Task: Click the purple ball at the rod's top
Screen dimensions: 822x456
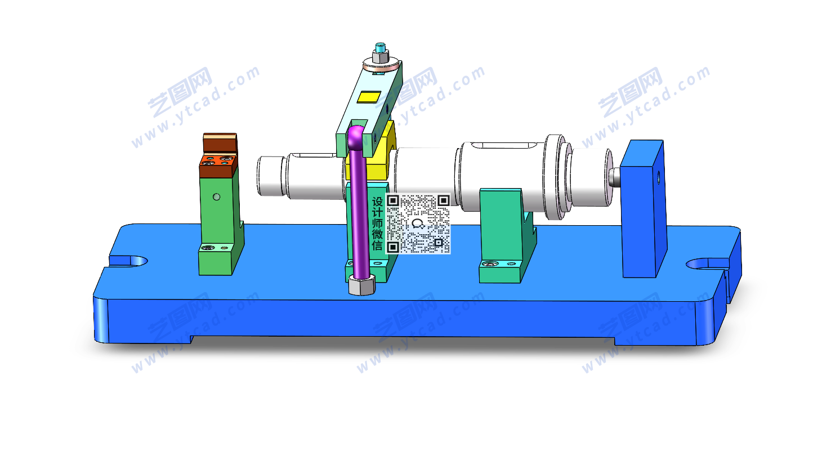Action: (355, 136)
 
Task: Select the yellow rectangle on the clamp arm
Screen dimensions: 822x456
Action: (369, 97)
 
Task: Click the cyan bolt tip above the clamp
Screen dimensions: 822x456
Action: (380, 47)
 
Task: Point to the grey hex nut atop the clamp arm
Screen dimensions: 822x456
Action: (381, 57)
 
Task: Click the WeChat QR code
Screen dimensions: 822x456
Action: (418, 224)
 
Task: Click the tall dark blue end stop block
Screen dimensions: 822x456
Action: (644, 208)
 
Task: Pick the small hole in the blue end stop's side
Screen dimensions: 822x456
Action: (658, 178)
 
